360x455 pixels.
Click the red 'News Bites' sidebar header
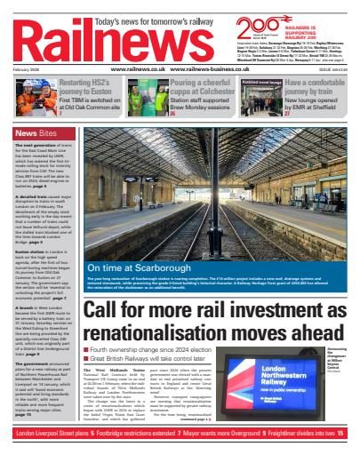(33, 134)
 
